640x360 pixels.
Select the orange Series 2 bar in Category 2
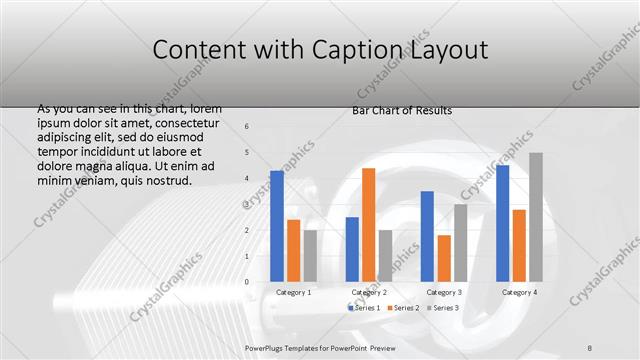point(368,225)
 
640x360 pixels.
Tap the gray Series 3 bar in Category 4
point(535,217)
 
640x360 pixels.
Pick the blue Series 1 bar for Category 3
point(427,236)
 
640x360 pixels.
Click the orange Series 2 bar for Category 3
point(443,258)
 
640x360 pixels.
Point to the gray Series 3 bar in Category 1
point(310,256)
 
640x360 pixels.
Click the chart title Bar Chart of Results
point(401,110)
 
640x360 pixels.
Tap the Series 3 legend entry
point(443,307)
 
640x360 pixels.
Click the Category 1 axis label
point(293,292)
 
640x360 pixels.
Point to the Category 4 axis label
point(518,292)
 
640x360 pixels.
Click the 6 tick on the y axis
point(247,126)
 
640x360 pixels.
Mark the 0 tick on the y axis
point(247,282)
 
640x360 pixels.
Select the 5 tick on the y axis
point(247,152)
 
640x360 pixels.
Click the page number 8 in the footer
point(590,345)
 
